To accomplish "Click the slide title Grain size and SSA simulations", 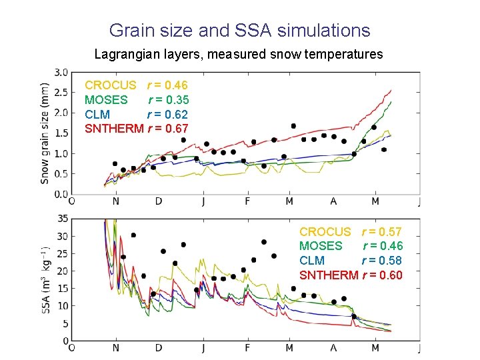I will tap(239, 30).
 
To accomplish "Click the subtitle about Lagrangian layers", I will tap(239, 54).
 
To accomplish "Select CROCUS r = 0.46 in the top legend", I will tap(136, 85).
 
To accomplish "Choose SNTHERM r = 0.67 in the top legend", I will tap(136, 129).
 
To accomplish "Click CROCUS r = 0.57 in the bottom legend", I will tap(351, 232).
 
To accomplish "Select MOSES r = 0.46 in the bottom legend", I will tap(351, 246).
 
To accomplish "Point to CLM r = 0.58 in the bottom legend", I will tap(351, 261).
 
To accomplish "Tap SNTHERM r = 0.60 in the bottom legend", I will tap(351, 275).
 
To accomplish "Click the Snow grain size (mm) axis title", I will tap(45, 133).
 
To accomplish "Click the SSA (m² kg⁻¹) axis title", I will tap(45, 280).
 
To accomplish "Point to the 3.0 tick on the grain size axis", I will tap(61, 72).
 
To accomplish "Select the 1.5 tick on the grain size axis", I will tap(61, 133).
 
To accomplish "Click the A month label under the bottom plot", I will tap(333, 348).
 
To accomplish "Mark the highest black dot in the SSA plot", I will tap(133, 235).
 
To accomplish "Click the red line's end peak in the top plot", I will tap(391, 90).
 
